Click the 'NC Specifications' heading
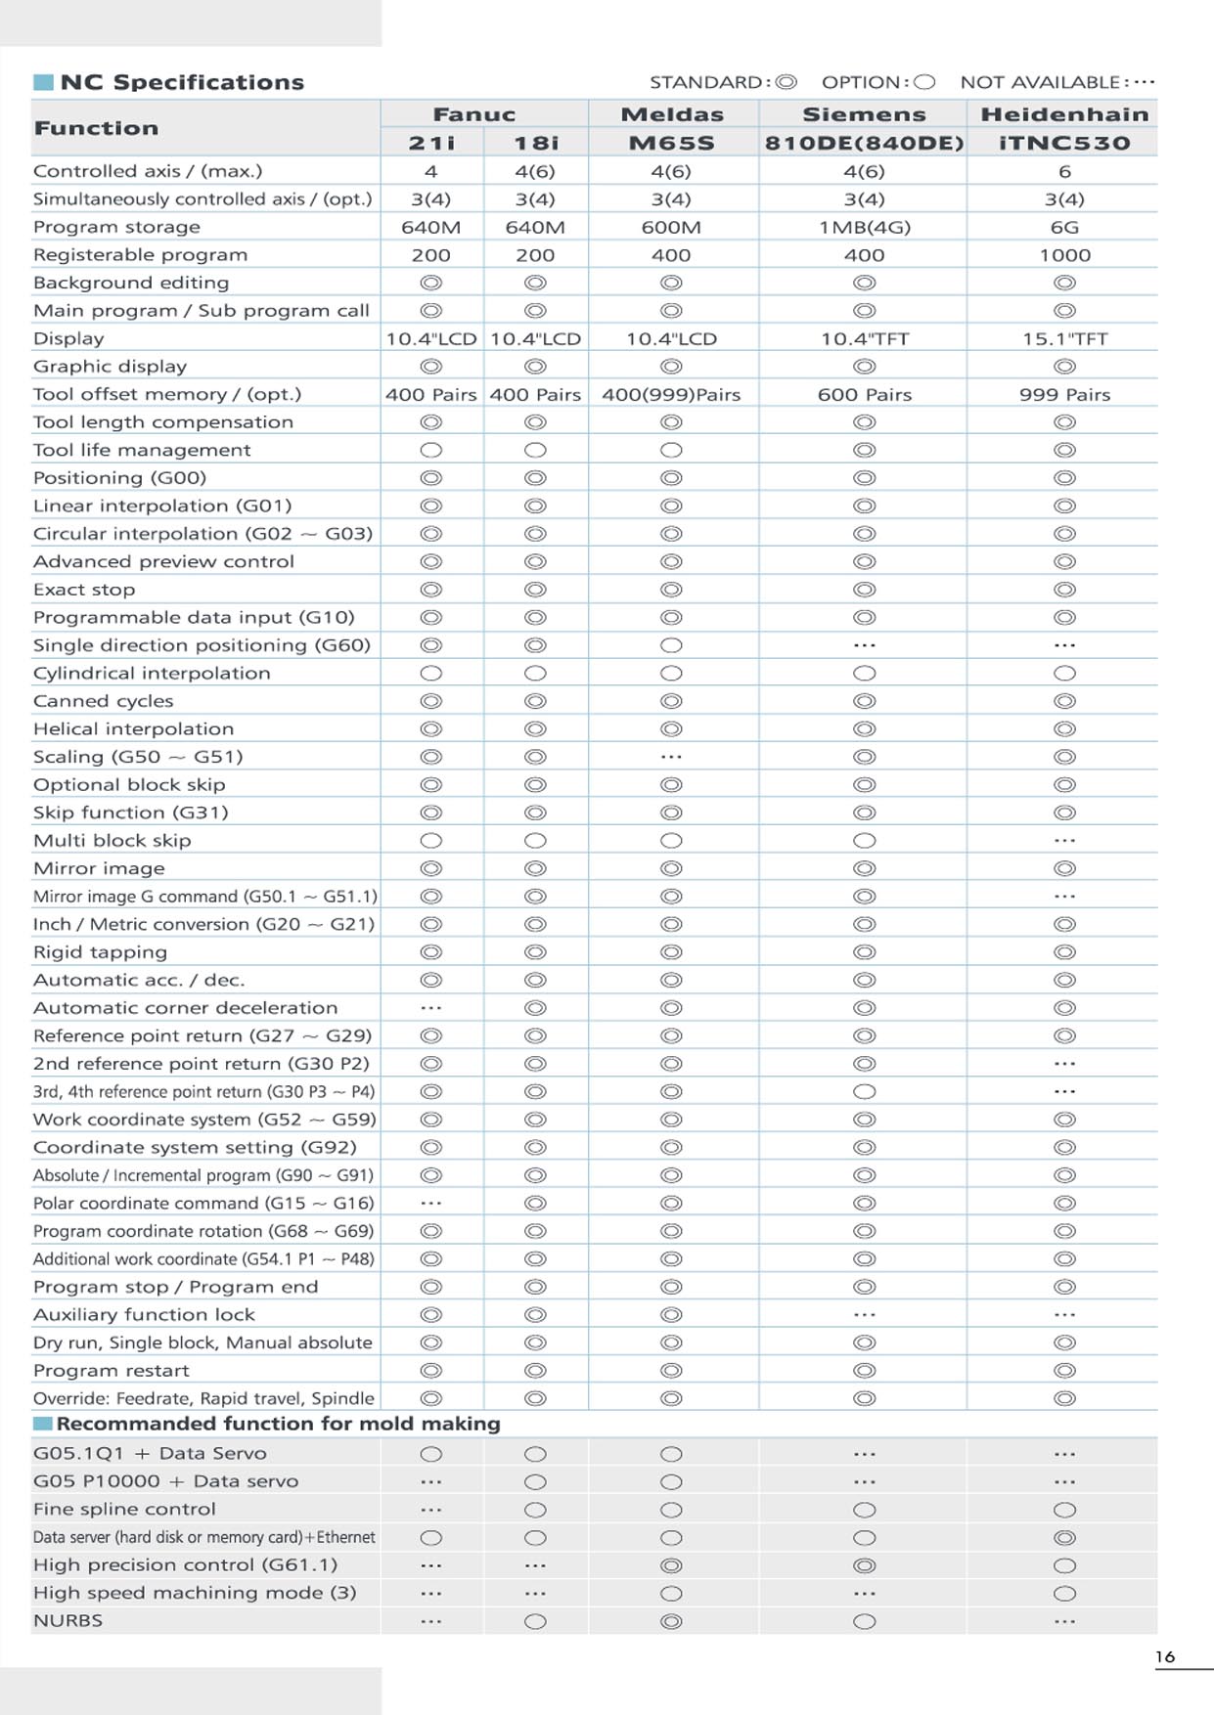(182, 82)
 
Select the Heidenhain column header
(1064, 114)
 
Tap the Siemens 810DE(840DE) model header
(864, 143)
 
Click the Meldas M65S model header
(671, 143)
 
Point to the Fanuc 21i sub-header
(431, 143)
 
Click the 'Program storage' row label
(116, 227)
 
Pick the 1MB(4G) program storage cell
(864, 227)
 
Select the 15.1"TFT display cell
(1064, 339)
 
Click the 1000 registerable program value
(1064, 255)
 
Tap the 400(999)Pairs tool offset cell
(671, 395)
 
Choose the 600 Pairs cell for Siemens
(864, 395)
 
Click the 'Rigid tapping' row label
(100, 952)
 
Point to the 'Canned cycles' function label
(103, 701)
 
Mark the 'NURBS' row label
(67, 1620)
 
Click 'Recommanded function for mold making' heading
(278, 1424)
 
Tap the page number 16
(1164, 1656)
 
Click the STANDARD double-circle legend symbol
(787, 82)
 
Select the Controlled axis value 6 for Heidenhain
(1064, 171)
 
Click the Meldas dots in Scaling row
(671, 757)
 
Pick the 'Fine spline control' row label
(124, 1509)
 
